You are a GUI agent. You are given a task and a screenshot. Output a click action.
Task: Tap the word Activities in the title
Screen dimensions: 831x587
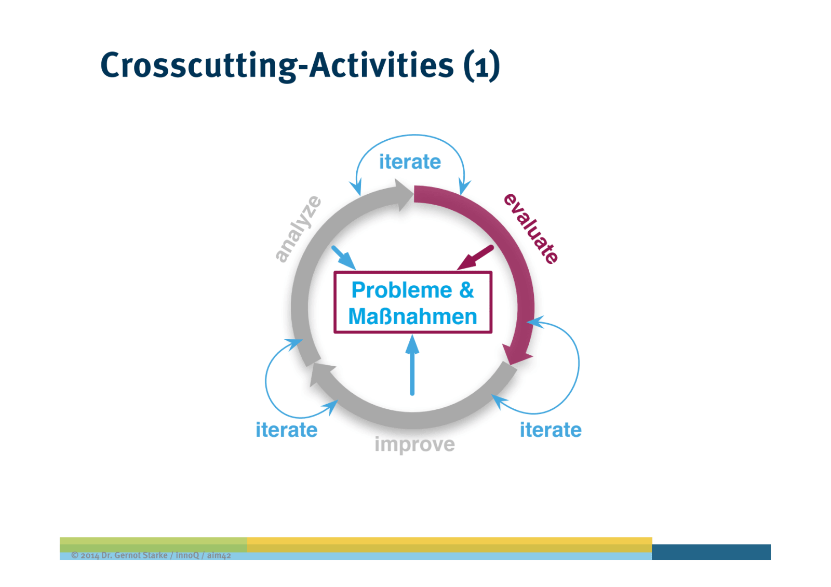(382, 65)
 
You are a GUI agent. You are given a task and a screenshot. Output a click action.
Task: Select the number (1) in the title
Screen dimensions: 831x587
(481, 66)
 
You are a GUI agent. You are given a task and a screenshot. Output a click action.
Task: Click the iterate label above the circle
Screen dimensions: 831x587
(410, 162)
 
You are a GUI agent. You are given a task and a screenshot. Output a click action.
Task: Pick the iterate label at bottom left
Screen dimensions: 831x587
(286, 430)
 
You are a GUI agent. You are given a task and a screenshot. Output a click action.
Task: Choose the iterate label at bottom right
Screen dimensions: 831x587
(551, 430)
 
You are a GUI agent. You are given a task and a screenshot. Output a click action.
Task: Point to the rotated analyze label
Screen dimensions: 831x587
(298, 229)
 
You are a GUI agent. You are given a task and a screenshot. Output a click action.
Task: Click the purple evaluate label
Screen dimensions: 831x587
(531, 229)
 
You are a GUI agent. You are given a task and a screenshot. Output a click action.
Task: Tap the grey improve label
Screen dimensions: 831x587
(414, 445)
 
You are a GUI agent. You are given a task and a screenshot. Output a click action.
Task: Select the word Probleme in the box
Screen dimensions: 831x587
(401, 290)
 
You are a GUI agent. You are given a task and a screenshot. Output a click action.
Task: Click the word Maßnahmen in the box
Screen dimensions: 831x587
(412, 316)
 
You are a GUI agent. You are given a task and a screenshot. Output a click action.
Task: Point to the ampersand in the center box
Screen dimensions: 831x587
(466, 290)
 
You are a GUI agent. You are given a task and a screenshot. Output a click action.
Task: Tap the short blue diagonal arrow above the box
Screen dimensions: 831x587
(343, 257)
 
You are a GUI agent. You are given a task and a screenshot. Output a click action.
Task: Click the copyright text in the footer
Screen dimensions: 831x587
(151, 555)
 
